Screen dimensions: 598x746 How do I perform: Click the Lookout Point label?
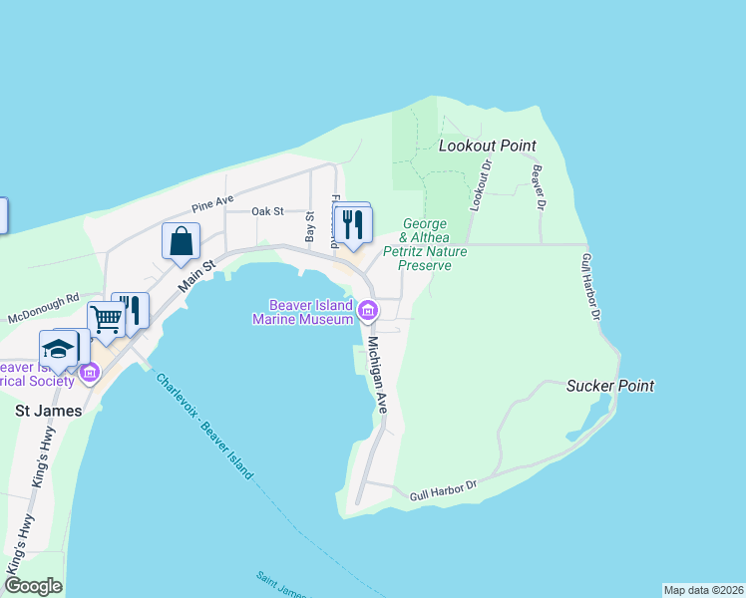pos(488,146)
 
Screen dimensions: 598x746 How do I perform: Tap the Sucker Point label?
pos(610,385)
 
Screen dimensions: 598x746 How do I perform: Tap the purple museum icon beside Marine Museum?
pos(368,312)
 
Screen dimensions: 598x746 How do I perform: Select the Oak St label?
pos(267,211)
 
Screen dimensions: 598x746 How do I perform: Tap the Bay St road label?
pos(310,227)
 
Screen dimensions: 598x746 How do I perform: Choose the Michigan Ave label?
pos(376,374)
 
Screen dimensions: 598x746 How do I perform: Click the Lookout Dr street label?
pos(482,184)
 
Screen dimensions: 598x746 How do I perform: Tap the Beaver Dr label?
pos(540,186)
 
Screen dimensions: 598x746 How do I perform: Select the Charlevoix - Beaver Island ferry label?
pos(204,426)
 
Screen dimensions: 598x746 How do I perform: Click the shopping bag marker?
pos(182,241)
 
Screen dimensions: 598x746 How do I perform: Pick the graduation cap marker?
pos(58,348)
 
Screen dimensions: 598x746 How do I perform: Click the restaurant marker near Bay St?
pos(351,223)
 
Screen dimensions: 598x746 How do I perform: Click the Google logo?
pos(32,585)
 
